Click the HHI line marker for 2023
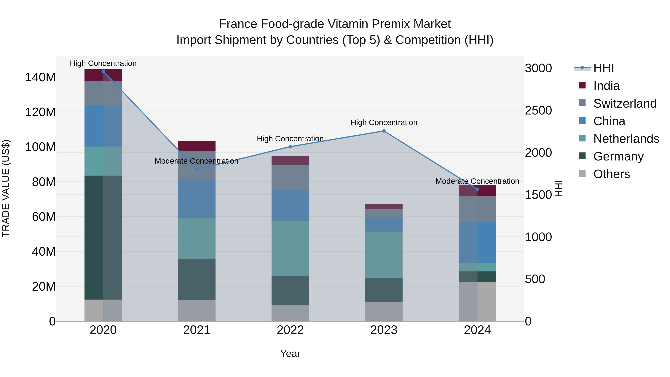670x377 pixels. (384, 131)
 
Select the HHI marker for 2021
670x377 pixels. (197, 169)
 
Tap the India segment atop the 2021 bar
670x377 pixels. (197, 146)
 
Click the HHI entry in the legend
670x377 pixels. (603, 68)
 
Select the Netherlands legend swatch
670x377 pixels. (582, 138)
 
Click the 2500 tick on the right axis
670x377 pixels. (538, 110)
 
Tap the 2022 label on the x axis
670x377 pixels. (290, 330)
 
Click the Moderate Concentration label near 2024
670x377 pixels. (477, 181)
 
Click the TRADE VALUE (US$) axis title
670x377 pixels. (6, 188)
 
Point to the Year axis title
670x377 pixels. (290, 354)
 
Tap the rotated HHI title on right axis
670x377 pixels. (559, 188)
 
